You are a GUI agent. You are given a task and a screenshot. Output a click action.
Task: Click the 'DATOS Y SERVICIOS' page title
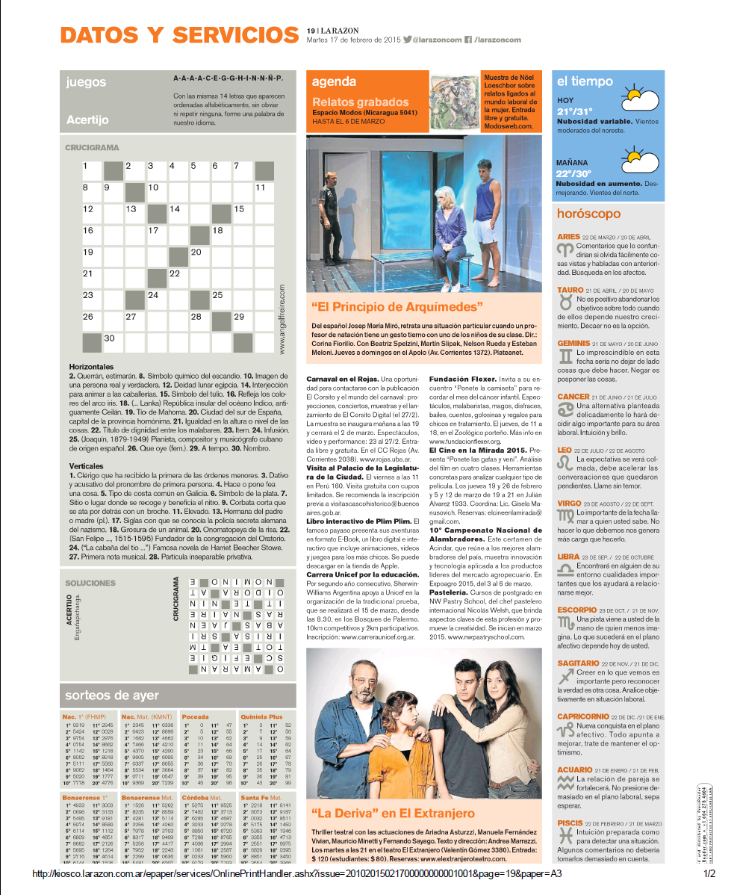click(179, 34)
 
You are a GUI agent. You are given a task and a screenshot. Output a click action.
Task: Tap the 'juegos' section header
click(85, 82)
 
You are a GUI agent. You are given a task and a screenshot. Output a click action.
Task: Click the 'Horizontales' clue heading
click(92, 367)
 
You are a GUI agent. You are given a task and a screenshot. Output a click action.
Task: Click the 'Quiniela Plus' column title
click(261, 716)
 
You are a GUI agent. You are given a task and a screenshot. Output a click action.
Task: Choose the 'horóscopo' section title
click(588, 213)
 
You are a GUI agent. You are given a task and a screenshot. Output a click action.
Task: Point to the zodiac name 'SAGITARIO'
click(578, 663)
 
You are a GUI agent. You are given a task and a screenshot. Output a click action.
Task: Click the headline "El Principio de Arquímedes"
click(397, 306)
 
